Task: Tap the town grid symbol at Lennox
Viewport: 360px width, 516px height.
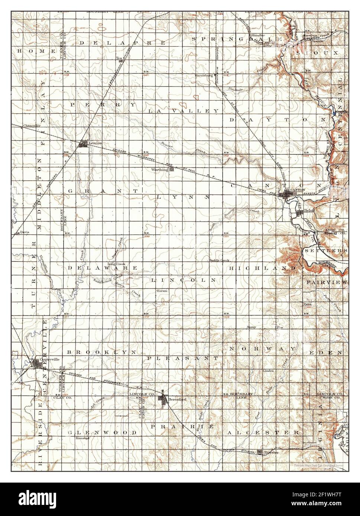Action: (x=84, y=144)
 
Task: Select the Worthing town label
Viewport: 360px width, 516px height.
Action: (x=160, y=170)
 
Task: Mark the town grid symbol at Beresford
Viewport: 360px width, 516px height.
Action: (x=163, y=399)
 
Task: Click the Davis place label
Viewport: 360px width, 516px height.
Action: (x=25, y=232)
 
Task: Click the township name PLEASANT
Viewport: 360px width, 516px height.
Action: (x=182, y=358)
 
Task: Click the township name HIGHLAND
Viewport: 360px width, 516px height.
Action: (x=263, y=268)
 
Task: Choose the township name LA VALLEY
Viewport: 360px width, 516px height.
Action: (x=184, y=111)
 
